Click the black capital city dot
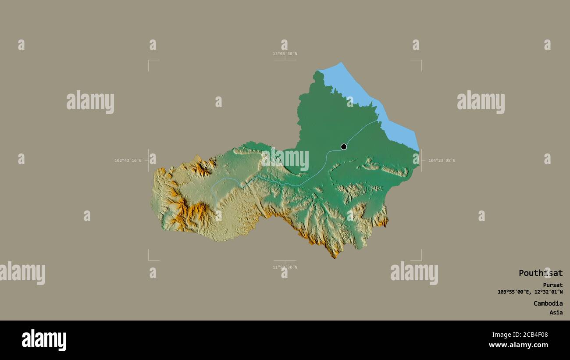[344, 147]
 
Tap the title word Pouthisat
[540, 273]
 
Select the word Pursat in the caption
[553, 285]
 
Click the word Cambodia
[548, 303]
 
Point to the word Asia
[556, 313]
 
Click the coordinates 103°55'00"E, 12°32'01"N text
[530, 292]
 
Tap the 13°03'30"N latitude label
[285, 54]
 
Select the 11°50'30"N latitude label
[285, 267]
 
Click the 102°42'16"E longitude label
[128, 160]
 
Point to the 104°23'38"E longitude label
[442, 160]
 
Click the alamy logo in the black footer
[44, 340]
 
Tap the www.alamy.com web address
[518, 346]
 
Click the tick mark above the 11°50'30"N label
[285, 261]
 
